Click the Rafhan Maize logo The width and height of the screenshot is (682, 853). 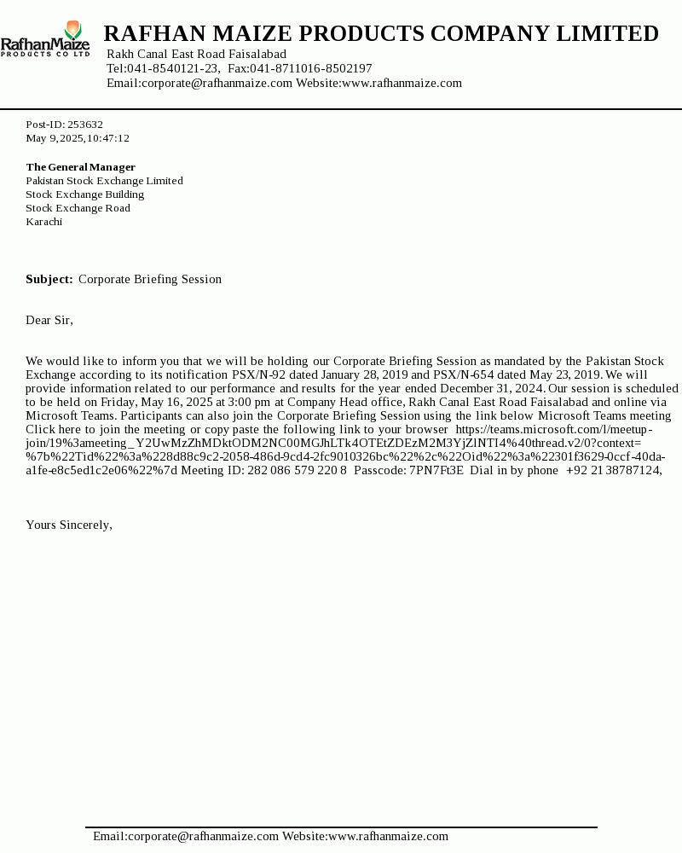[45, 39]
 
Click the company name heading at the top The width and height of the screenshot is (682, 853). [381, 34]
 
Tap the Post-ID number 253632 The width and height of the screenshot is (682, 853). [85, 125]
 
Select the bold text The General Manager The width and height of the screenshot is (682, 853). [80, 167]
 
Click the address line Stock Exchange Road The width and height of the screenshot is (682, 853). [78, 208]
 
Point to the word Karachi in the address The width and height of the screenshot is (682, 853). [43, 222]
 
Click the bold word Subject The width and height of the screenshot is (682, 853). [49, 279]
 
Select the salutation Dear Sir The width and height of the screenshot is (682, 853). [49, 320]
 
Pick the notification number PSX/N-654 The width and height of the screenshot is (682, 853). [464, 374]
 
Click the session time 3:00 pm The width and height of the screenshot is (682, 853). [251, 402]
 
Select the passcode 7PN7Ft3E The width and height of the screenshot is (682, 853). [436, 470]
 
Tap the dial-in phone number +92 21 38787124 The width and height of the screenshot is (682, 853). [614, 470]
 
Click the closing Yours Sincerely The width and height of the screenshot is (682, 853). [69, 525]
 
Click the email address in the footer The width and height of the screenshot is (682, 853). [203, 836]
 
